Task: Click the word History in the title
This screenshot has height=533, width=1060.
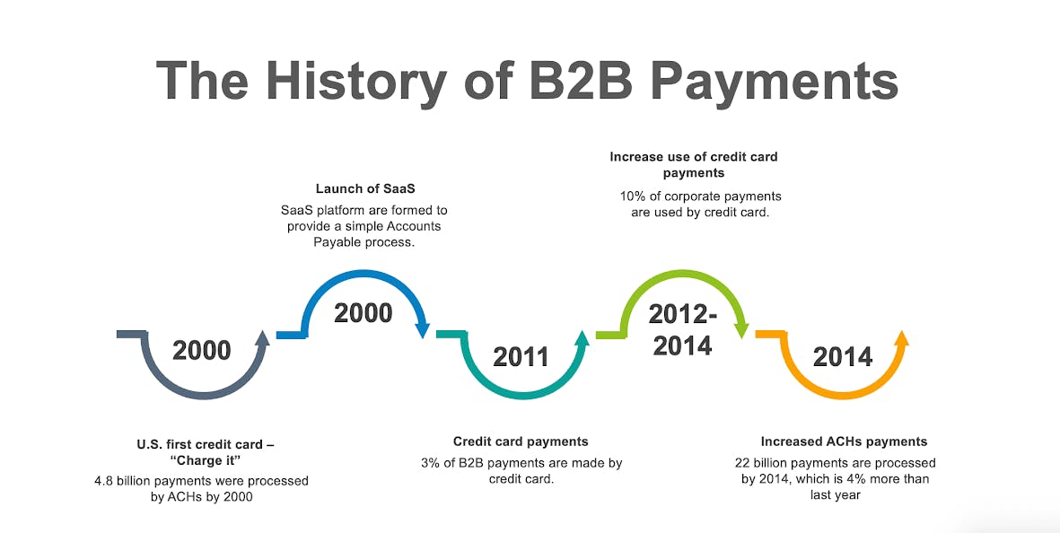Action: point(355,81)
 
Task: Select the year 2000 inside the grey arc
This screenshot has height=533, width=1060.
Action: point(201,351)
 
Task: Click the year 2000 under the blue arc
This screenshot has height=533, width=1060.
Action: point(363,313)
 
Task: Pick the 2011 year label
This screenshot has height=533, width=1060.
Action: point(521,357)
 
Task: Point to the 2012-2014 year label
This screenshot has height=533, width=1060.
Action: point(683,330)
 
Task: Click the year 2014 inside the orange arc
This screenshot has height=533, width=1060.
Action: point(842,357)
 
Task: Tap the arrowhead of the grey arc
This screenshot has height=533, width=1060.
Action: point(263,337)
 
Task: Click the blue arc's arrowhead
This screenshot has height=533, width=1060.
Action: point(423,330)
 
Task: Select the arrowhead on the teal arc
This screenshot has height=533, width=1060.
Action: point(582,337)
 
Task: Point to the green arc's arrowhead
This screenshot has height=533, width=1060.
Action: point(741,330)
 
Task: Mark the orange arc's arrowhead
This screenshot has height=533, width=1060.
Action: point(901,337)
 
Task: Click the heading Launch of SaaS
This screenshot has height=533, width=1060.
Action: point(365,189)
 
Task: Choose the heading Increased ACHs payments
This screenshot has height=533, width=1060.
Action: point(844,441)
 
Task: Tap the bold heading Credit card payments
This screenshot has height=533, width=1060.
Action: point(521,441)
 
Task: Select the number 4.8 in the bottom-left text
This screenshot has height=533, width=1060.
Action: point(104,482)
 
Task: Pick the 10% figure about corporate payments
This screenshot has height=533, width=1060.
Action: point(633,197)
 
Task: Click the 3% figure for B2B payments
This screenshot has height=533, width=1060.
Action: point(430,463)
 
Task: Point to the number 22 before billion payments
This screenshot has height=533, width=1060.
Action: point(742,463)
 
